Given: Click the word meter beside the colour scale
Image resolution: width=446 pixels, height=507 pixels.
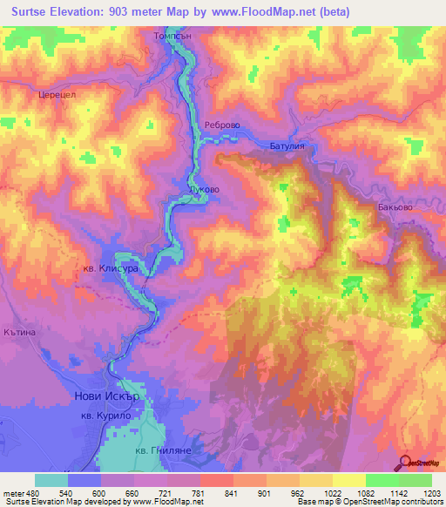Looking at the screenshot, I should pos(14,493).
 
